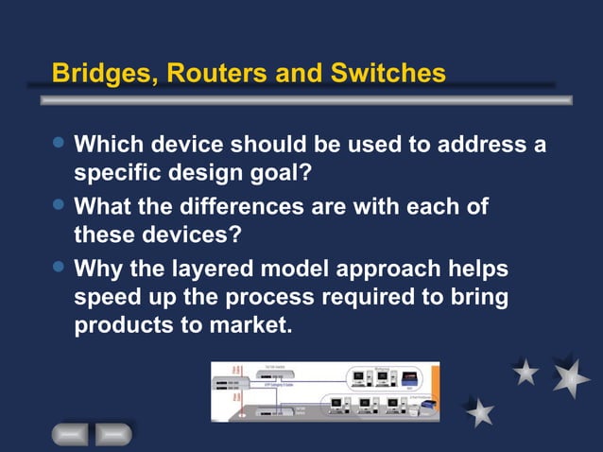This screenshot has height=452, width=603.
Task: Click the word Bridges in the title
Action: pos(101,73)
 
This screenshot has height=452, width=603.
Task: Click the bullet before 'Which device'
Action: pos(60,144)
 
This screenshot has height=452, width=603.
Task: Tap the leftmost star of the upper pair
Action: pos(526,372)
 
